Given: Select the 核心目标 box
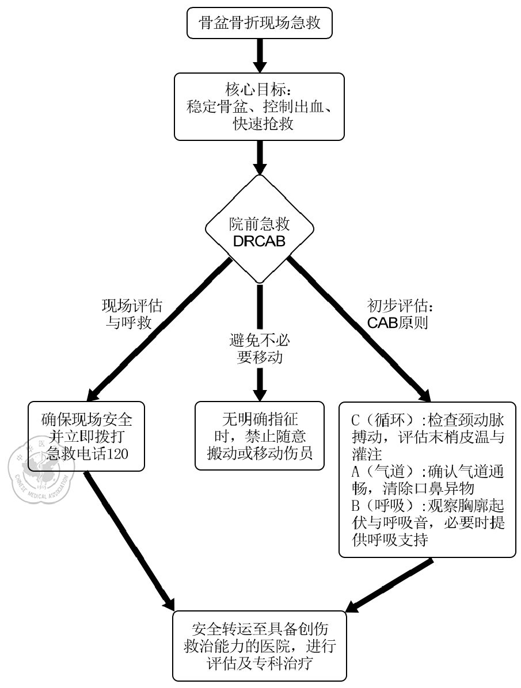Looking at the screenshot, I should pyautogui.click(x=260, y=107).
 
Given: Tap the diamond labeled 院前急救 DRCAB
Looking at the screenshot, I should pyautogui.click(x=260, y=229).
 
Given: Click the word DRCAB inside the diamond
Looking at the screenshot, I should pyautogui.click(x=260, y=241).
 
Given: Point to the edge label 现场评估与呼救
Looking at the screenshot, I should pyautogui.click(x=131, y=314).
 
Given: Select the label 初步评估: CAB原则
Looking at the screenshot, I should pyautogui.click(x=398, y=314).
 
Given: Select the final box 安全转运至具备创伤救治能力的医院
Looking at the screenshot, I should pyautogui.click(x=260, y=646).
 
